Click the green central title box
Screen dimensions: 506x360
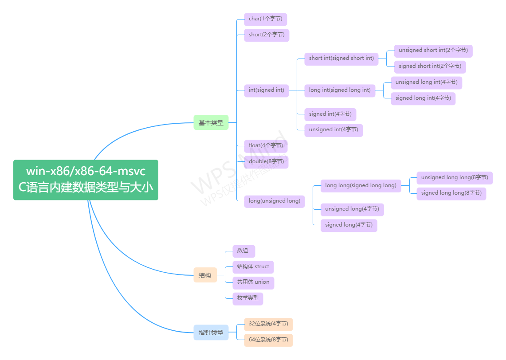(x=86, y=180)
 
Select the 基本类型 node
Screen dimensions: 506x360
(x=211, y=123)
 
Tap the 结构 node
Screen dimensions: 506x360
(x=205, y=275)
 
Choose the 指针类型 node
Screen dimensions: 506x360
(x=211, y=332)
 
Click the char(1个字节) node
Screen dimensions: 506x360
(x=265, y=19)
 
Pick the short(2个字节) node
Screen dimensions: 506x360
(x=267, y=35)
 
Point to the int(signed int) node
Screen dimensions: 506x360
(x=266, y=90)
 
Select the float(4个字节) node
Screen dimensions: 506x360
(x=266, y=146)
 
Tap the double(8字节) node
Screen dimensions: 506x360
(x=266, y=162)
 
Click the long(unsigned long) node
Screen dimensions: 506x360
(x=274, y=201)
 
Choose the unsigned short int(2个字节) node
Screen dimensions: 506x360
(x=433, y=51)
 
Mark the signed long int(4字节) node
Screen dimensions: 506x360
(x=423, y=98)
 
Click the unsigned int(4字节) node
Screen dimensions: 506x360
(x=333, y=130)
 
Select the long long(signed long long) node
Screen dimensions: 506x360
(x=361, y=185)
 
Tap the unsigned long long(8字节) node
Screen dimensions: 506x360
(x=454, y=178)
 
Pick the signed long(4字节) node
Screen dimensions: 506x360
(x=349, y=225)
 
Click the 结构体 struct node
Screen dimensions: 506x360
(x=253, y=267)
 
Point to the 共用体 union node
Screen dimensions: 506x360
(x=253, y=282)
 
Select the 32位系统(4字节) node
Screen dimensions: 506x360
(x=268, y=324)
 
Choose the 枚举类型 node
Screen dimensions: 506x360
(x=247, y=298)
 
